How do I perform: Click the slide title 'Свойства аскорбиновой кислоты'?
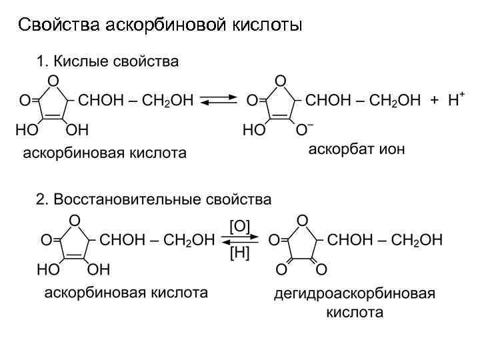pos(160,25)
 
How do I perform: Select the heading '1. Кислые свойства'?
pos(107,62)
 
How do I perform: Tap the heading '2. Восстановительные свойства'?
pos(154,199)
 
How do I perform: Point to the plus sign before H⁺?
pos(435,101)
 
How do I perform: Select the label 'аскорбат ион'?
pos(356,149)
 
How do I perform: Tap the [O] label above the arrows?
pos(240,225)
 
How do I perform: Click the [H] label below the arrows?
pos(240,253)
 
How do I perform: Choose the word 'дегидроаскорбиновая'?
pos(355,294)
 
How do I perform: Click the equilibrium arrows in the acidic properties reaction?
pos(219,101)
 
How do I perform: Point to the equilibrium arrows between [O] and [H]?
pos(240,239)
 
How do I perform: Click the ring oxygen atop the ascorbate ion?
pos(281,81)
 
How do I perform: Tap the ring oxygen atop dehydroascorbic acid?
pos(302,219)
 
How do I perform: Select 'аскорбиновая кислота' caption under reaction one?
pos(105,153)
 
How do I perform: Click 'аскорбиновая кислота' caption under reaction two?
pos(126,292)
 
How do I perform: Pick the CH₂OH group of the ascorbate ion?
pos(395,101)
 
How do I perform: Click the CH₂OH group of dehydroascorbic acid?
pos(417,240)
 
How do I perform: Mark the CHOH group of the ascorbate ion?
pos(326,101)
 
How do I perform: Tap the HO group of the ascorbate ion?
pos(254,130)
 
